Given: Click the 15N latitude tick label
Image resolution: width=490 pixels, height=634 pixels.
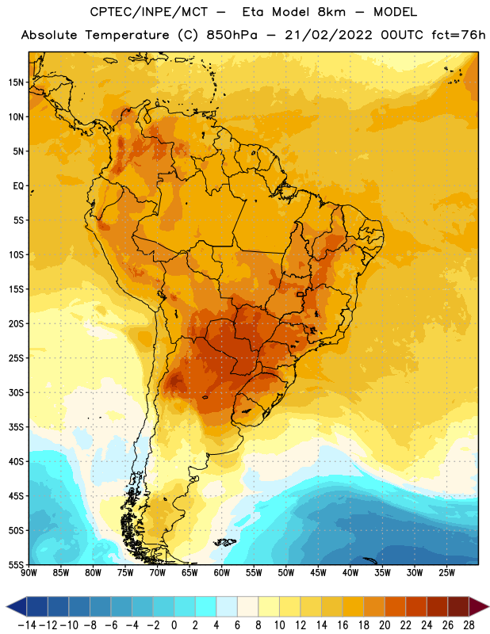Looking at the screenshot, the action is [16, 82].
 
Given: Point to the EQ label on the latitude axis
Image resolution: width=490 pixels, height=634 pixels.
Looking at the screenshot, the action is [18, 186].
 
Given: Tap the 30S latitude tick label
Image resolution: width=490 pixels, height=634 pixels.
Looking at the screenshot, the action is [16, 392].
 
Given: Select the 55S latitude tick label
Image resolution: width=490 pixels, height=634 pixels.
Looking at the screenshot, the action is [16, 565].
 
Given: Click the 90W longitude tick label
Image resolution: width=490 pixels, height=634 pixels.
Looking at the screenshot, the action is [29, 573].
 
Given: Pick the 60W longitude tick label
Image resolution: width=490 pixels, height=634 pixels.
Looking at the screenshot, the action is [222, 573].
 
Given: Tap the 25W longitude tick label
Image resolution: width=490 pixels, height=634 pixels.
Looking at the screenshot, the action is [446, 573].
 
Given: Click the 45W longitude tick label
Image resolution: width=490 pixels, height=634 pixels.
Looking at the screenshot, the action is [318, 573].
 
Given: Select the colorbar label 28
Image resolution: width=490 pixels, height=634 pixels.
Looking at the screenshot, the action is [469, 625].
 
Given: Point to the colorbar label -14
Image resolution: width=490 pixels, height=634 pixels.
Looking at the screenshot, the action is [27, 625].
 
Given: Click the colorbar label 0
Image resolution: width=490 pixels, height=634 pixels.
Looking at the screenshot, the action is [174, 625].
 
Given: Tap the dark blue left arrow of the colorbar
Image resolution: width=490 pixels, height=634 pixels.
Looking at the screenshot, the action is [16, 606].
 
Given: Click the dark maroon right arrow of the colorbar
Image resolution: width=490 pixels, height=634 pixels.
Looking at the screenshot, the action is [479, 606].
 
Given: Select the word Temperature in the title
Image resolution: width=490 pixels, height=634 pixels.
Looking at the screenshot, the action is [127, 35].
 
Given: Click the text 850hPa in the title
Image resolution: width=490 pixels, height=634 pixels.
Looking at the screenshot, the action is [232, 35].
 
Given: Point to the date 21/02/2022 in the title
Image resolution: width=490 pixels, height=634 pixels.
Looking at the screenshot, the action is [328, 35].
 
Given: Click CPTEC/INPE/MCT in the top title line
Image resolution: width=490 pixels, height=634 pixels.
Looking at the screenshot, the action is [149, 12].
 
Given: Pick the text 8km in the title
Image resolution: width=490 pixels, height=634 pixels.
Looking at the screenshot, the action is [331, 12].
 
